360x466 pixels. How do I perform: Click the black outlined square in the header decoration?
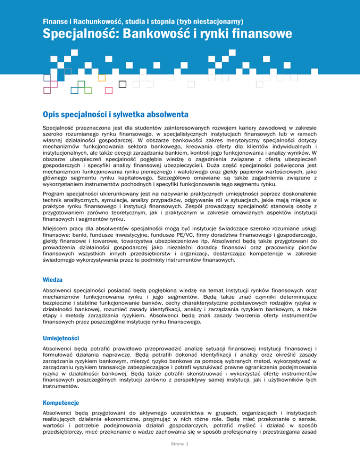tap(123, 84)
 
